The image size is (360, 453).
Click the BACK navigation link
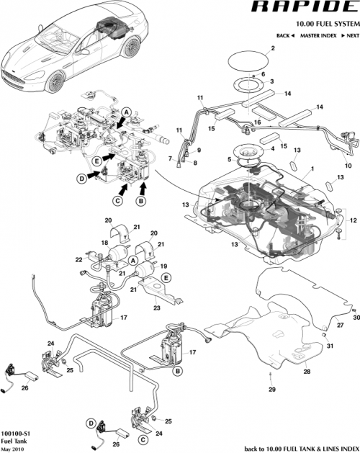285,35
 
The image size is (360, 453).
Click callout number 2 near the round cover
273,49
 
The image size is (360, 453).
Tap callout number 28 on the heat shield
306,372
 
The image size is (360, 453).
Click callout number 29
272,390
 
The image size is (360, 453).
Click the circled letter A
126,113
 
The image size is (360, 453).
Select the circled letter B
141,191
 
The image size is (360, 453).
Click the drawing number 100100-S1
17,434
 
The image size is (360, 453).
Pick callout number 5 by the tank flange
229,159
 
